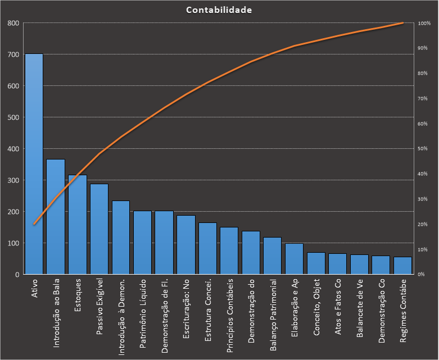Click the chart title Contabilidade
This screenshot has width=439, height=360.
219,10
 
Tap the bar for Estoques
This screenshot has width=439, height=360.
78,225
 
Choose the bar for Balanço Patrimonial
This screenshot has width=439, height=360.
272,256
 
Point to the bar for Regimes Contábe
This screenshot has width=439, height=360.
402,266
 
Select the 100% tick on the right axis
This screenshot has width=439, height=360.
424,23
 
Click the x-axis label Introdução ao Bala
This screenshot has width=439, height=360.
56,311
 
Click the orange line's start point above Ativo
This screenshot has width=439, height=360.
34,224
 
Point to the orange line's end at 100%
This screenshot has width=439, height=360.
402,23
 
